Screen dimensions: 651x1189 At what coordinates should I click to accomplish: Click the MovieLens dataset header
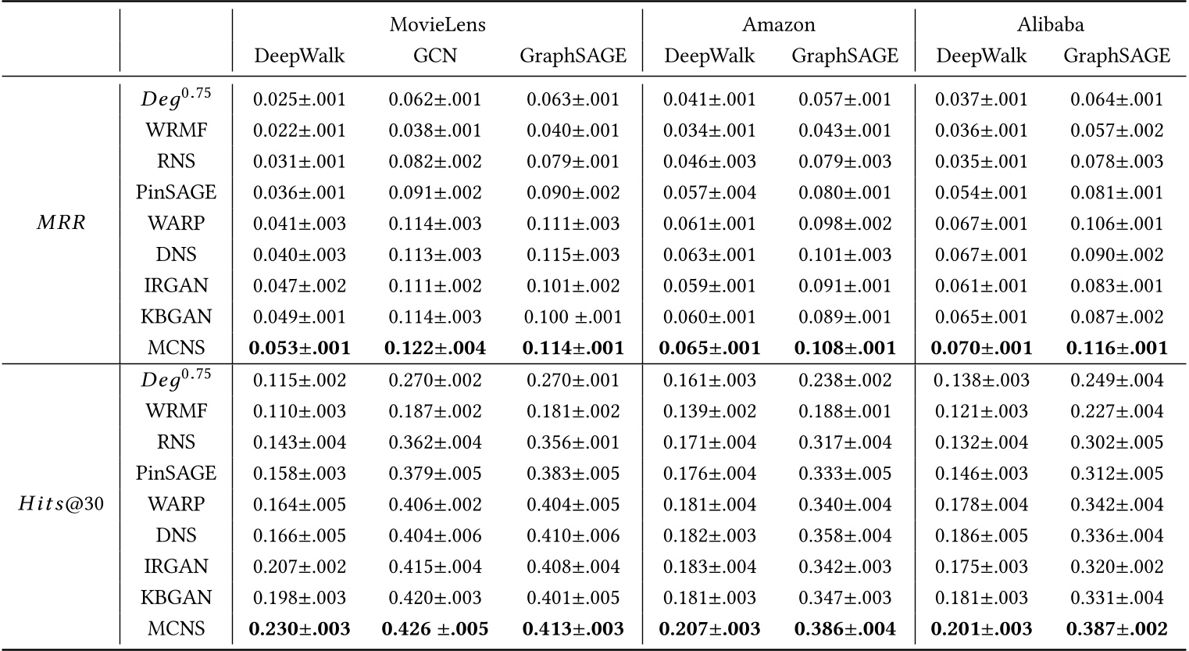(x=437, y=25)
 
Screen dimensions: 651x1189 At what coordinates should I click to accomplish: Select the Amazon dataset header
(x=778, y=25)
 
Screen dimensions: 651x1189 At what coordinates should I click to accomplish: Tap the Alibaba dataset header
(x=1050, y=25)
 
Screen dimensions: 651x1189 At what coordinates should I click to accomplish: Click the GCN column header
(x=435, y=56)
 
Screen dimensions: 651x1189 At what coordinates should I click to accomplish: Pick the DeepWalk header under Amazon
(x=709, y=56)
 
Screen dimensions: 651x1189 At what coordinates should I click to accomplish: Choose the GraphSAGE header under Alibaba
(x=1116, y=56)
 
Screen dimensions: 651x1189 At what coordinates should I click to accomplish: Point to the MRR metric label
(x=61, y=224)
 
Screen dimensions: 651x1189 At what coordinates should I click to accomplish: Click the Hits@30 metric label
(x=61, y=504)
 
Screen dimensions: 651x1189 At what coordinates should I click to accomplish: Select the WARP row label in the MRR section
(x=176, y=224)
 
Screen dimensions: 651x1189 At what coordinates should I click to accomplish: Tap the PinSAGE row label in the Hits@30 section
(x=176, y=473)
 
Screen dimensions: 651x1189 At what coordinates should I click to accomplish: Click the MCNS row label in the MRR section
(x=176, y=348)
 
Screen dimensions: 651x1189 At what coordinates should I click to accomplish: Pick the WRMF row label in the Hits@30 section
(x=176, y=410)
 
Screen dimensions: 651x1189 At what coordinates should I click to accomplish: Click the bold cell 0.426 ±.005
(x=435, y=628)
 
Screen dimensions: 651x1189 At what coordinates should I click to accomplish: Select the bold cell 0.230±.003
(x=299, y=628)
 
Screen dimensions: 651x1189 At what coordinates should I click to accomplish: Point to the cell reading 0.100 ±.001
(x=573, y=317)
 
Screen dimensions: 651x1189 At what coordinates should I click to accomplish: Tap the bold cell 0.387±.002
(x=1116, y=628)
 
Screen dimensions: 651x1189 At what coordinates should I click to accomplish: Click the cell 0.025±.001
(x=299, y=99)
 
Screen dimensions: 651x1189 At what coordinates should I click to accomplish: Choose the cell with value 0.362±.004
(x=435, y=442)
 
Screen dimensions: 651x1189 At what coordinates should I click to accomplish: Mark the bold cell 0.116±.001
(x=1116, y=348)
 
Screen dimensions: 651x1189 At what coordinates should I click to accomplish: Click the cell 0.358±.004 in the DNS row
(x=844, y=535)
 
